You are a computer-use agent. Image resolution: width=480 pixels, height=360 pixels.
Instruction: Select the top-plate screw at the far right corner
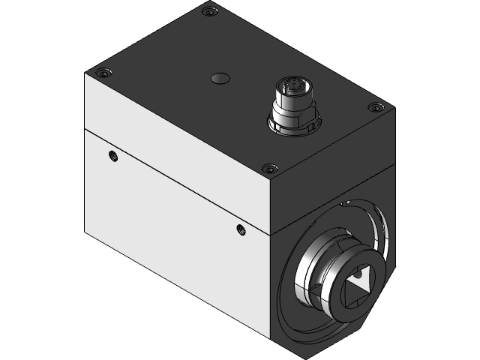coord(375,108)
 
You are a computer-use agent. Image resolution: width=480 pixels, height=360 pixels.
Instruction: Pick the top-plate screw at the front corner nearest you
coord(268,168)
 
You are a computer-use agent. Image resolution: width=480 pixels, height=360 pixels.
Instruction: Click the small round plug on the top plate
coord(220,78)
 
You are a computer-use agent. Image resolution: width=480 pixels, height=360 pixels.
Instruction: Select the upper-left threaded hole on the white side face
coord(113,156)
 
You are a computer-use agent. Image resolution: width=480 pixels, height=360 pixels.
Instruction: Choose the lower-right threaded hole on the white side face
coord(240,229)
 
